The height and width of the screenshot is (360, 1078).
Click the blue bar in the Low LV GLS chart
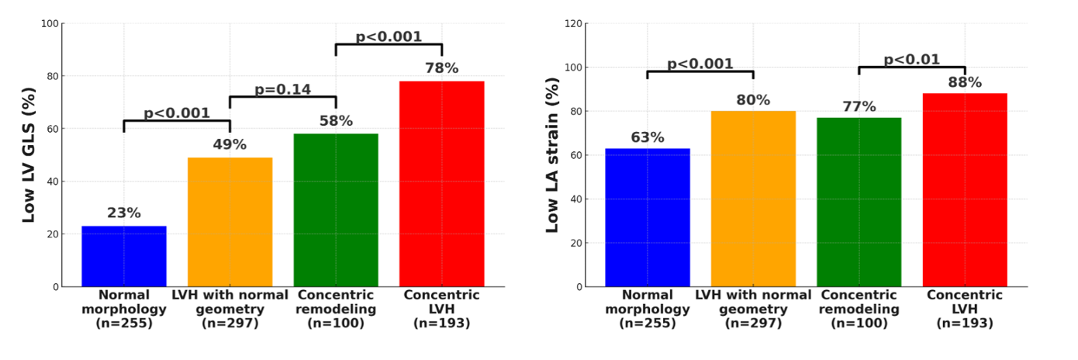click(x=124, y=256)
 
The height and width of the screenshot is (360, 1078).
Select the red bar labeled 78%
click(x=441, y=184)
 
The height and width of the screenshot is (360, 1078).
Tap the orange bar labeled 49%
click(x=230, y=222)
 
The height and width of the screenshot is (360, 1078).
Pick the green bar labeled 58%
click(x=336, y=210)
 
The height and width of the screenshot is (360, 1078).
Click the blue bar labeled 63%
click(x=648, y=217)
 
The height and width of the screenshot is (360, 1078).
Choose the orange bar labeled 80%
click(x=753, y=199)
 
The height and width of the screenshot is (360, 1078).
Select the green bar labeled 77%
click(x=859, y=202)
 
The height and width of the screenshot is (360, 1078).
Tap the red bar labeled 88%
click(x=965, y=190)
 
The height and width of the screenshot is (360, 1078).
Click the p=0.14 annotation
click(x=282, y=89)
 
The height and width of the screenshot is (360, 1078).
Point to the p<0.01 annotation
click(x=911, y=60)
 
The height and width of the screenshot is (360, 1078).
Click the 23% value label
click(x=124, y=213)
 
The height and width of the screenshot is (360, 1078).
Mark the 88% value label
click(x=965, y=82)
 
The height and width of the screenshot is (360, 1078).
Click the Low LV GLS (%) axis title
click(x=29, y=155)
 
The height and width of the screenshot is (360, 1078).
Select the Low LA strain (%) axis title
click(x=553, y=155)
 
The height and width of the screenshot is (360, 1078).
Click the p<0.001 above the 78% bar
click(x=389, y=36)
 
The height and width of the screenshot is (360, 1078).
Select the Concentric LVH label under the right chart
click(x=965, y=309)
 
